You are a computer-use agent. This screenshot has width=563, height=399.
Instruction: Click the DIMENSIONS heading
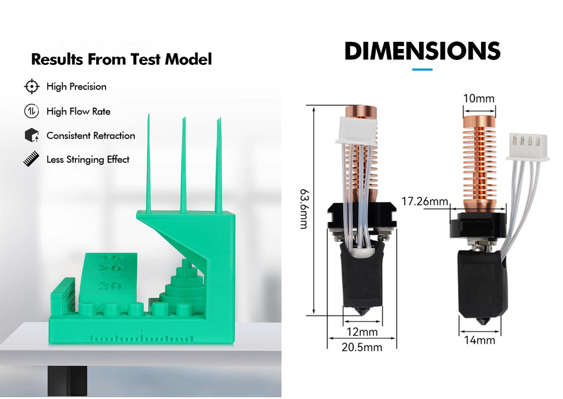[422, 51]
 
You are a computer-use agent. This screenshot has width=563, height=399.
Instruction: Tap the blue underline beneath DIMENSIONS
[422, 70]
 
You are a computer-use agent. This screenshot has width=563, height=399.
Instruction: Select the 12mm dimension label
[362, 332]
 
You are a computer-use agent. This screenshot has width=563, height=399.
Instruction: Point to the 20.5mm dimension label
[361, 347]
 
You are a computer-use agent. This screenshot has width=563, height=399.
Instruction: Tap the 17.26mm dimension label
[425, 202]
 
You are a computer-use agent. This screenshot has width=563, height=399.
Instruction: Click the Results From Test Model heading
[122, 59]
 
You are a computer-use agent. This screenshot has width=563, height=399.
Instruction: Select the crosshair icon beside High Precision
[32, 86]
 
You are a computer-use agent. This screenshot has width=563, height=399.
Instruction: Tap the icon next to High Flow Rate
[32, 111]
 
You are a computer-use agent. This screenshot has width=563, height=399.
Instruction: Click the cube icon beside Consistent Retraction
[32, 135]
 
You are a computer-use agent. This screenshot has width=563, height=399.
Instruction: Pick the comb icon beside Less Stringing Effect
[32, 159]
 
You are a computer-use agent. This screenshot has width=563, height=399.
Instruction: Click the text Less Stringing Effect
[88, 160]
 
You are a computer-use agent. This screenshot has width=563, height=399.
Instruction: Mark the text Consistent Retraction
[91, 136]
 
